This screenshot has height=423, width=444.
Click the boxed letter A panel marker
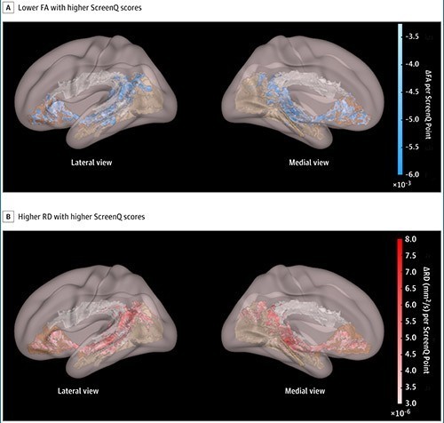pyautogui.click(x=8, y=8)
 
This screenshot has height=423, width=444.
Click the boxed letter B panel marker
pyautogui.click(x=8, y=217)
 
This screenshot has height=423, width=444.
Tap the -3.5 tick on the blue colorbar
pyautogui.click(x=412, y=36)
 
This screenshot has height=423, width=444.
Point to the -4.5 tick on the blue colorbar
pyautogui.click(x=412, y=92)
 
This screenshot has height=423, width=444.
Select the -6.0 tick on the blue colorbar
pyautogui.click(x=412, y=174)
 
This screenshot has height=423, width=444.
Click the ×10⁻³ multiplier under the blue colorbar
pyautogui.click(x=401, y=184)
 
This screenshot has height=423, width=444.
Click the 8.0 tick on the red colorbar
pyautogui.click(x=410, y=239)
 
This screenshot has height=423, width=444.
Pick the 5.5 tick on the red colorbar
pyautogui.click(x=410, y=321)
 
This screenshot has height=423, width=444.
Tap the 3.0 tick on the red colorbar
pyautogui.click(x=410, y=403)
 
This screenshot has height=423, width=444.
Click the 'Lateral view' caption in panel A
pyautogui.click(x=91, y=163)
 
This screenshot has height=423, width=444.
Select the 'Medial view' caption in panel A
pyautogui.click(x=309, y=163)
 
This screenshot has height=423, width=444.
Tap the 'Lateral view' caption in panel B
pyautogui.click(x=78, y=391)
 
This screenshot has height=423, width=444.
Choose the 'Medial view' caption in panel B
pyautogui.click(x=305, y=391)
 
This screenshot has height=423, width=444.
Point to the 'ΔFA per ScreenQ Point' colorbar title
pyautogui.click(x=428, y=104)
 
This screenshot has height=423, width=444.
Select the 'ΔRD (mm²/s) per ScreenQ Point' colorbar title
pyautogui.click(x=427, y=321)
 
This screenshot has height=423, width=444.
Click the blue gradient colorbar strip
pyautogui.click(x=400, y=100)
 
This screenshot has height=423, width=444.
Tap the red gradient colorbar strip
pyautogui.click(x=400, y=321)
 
